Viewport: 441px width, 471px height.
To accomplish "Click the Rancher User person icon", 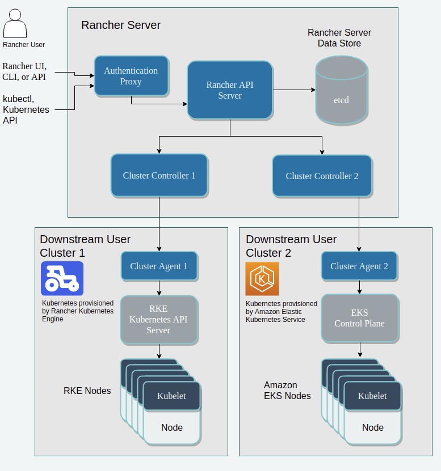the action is point(15,23).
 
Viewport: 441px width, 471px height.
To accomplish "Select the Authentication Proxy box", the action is point(131,76).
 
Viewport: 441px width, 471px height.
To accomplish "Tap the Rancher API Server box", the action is point(230,90).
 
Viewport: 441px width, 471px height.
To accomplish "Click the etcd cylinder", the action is point(342,90).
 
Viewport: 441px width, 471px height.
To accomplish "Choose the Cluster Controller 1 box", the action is point(159,176).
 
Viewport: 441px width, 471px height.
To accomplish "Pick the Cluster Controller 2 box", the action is point(322,176).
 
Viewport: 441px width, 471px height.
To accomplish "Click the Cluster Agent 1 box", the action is point(159,266).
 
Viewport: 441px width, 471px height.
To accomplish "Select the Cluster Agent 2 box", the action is point(359,266).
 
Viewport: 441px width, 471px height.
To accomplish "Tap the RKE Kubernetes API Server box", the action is point(159,320).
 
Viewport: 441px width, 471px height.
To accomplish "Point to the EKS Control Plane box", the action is point(360,318).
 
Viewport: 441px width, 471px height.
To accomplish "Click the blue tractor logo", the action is point(62,278).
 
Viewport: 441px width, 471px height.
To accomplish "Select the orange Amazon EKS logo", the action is point(262,279).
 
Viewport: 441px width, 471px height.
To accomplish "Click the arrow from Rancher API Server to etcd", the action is point(294,90).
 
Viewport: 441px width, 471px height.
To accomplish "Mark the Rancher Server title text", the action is point(121,25).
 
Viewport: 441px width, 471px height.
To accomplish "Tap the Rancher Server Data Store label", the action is point(339,38).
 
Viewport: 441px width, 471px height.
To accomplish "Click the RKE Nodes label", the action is point(87,391).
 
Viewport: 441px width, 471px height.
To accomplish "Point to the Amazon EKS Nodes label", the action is point(287,390).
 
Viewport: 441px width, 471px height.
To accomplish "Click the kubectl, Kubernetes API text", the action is point(26,109).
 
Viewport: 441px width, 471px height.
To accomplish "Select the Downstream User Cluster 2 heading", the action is point(291,246).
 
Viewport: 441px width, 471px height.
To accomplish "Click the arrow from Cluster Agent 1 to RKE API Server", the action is point(159,288).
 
